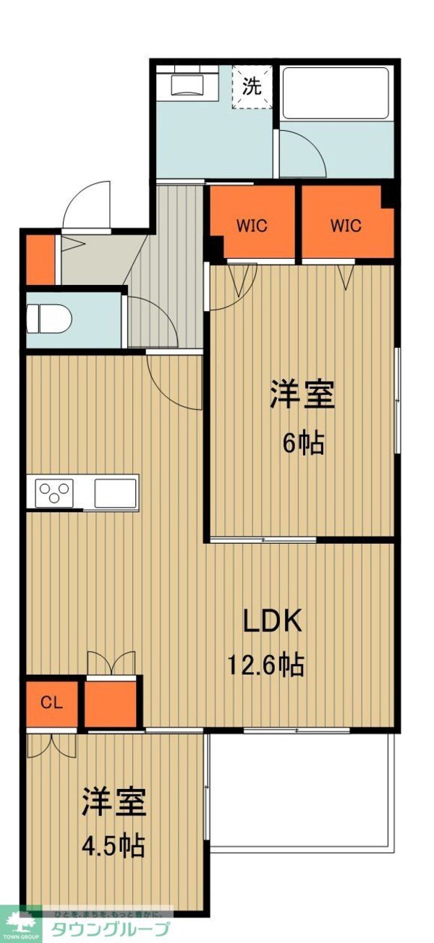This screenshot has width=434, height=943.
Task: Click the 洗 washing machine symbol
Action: coord(252,88)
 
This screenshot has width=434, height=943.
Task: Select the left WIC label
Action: coord(252,226)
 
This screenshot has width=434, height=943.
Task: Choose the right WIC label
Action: coord(346,226)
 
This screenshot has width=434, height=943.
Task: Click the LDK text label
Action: coord(271,621)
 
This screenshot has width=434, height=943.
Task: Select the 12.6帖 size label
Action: coord(265,663)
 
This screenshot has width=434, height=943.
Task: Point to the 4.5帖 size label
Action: coord(113,844)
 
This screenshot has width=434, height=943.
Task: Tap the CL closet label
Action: coord(51,701)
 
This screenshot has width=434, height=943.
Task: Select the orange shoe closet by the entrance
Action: coord(40,259)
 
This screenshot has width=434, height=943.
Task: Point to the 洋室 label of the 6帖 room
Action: coord(302,396)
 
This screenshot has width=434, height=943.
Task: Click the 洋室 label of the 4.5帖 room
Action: coord(114,801)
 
